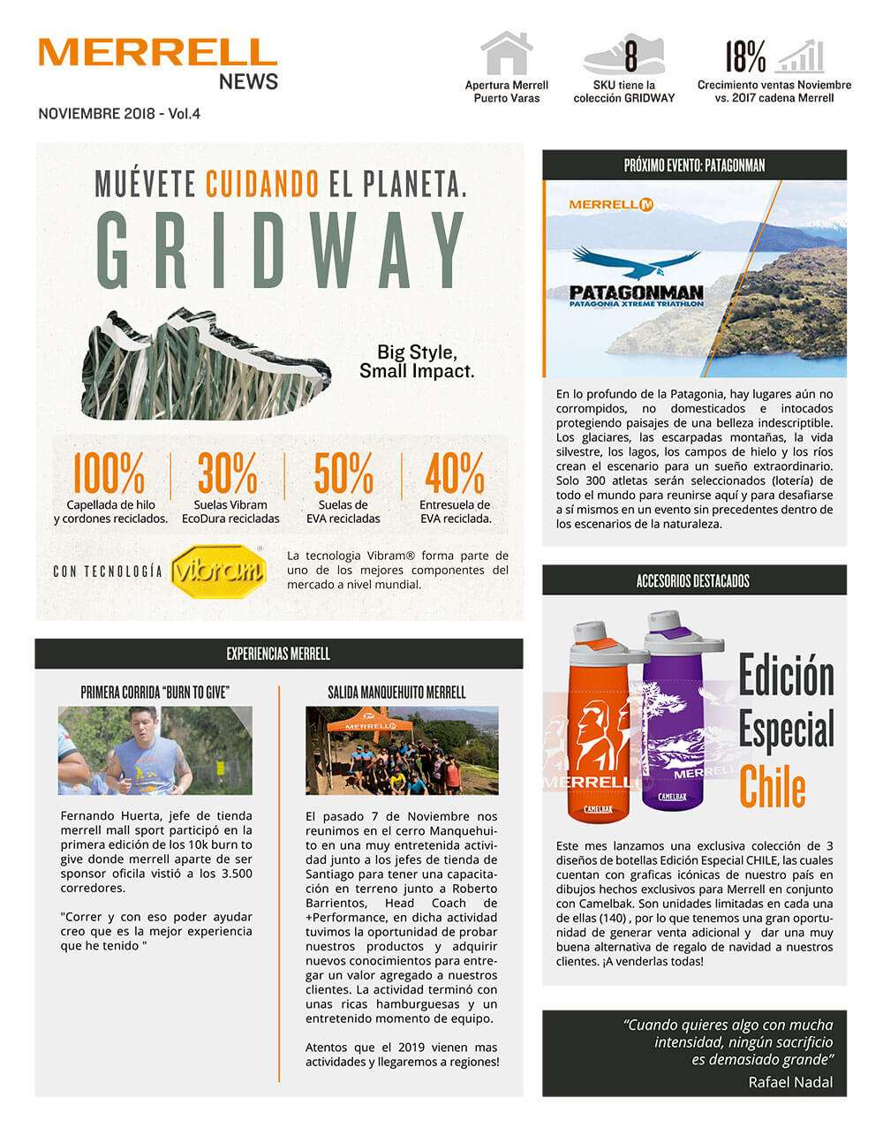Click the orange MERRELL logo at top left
(157, 52)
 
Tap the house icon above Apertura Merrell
(506, 54)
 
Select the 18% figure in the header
(745, 57)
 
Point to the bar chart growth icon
(801, 57)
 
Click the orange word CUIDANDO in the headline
(262, 184)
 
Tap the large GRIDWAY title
(280, 250)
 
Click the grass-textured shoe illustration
(205, 367)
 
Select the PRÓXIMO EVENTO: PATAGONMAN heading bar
(694, 165)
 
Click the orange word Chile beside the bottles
(773, 787)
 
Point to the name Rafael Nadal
(790, 1082)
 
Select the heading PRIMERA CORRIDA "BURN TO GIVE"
(155, 693)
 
